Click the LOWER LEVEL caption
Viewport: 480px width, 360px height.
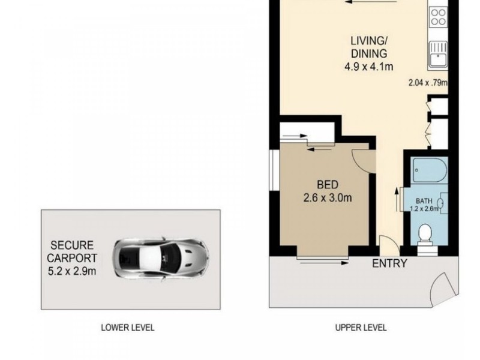(x=127, y=328)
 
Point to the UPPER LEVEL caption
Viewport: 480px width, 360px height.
(x=361, y=328)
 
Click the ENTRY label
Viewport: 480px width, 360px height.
(x=389, y=263)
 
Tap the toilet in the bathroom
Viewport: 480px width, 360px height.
(x=426, y=233)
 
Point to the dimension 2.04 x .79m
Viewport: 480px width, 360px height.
(x=428, y=83)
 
